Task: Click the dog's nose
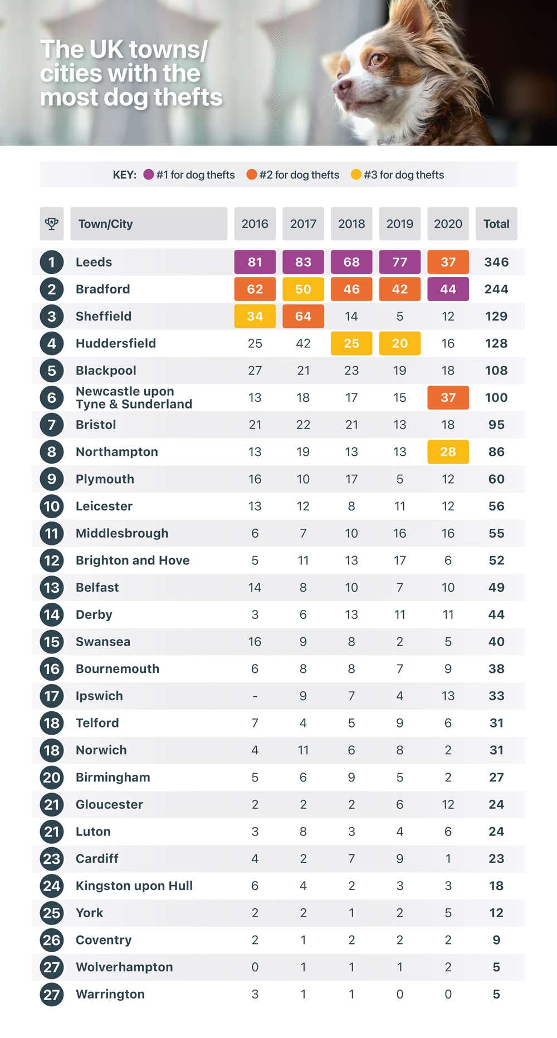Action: (341, 86)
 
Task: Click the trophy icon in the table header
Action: (52, 224)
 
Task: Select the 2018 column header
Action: (351, 224)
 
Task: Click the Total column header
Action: (496, 224)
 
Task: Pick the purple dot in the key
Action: (149, 175)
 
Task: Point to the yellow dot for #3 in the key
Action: (356, 175)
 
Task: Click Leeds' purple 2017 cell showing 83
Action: (303, 262)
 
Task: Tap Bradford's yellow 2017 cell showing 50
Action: (303, 289)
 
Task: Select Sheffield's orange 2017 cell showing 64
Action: (303, 316)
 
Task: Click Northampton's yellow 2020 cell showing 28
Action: (448, 452)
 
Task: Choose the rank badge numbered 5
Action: (52, 371)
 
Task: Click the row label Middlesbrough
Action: (122, 533)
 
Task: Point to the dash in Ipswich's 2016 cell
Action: (255, 696)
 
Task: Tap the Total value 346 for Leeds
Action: (496, 262)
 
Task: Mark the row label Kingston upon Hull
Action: (134, 886)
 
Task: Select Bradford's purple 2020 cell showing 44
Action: (448, 289)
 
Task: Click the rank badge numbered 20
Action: (52, 778)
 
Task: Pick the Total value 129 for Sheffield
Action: (496, 316)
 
